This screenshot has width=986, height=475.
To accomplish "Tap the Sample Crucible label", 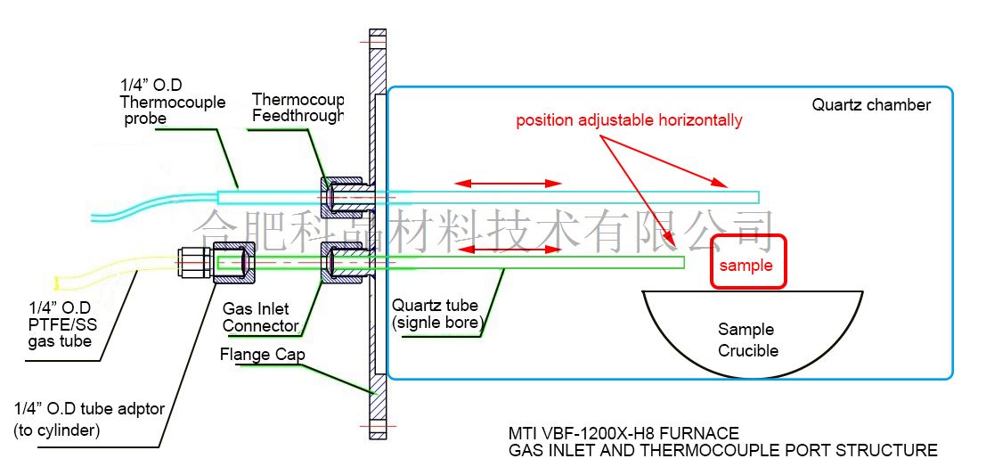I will tap(747, 340).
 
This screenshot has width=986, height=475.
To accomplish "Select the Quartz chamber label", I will tap(870, 105).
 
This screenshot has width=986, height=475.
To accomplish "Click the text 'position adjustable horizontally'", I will tap(628, 120).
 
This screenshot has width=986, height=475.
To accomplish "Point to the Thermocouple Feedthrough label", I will tap(297, 107).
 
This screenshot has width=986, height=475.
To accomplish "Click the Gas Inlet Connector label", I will tap(260, 317).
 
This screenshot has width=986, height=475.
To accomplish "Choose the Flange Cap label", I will tap(263, 356).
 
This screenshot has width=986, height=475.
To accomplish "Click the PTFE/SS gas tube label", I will tap(60, 324).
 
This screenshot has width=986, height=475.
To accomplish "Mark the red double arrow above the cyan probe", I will tap(508, 184).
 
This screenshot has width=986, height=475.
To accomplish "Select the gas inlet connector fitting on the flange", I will tap(344, 262).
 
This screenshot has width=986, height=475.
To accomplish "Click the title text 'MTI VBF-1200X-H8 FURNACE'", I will tap(623, 434).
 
